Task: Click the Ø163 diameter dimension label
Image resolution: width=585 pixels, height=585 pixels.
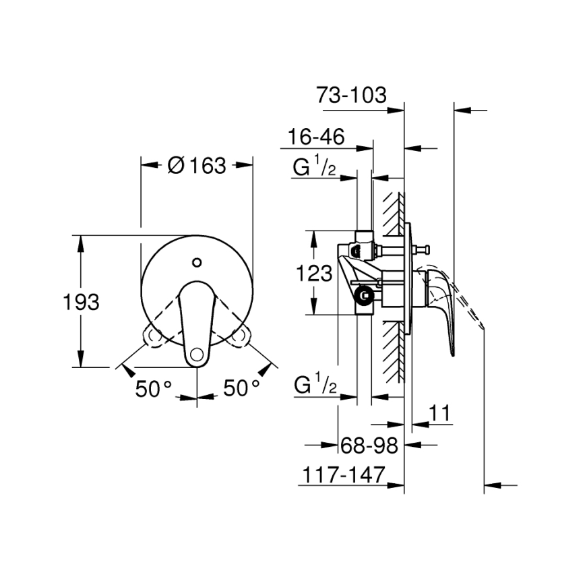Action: click(196, 166)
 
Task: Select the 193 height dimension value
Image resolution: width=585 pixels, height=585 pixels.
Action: click(82, 302)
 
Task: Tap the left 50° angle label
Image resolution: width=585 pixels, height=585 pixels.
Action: click(154, 388)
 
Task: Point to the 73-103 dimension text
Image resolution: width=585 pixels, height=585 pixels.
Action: click(352, 95)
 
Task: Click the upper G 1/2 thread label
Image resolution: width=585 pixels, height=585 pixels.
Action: click(315, 166)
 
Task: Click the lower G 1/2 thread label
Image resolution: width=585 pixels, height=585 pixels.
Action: click(315, 386)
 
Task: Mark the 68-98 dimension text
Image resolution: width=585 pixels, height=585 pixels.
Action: click(369, 445)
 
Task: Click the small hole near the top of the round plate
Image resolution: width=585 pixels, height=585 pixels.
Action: click(196, 261)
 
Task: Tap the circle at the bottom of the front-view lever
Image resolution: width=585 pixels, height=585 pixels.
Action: click(196, 352)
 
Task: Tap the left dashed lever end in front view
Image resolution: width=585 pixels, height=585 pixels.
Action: click(153, 335)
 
